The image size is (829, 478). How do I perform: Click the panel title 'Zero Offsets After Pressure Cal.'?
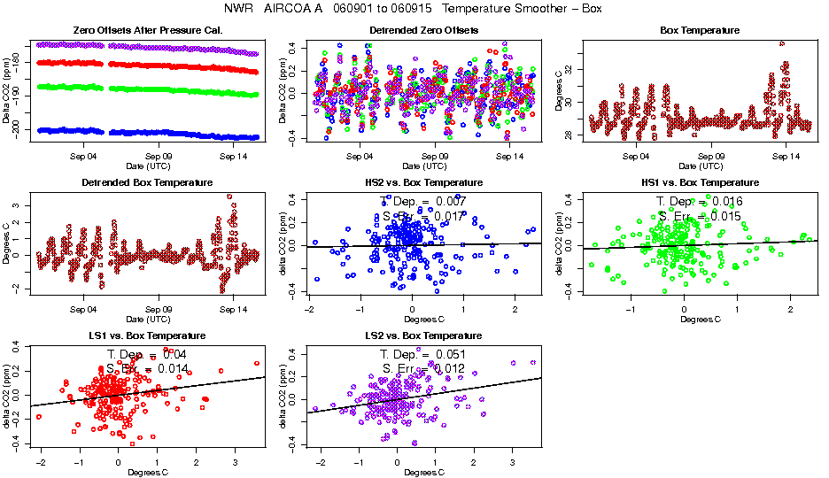click(x=147, y=30)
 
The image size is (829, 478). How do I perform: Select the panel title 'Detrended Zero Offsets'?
click(x=423, y=30)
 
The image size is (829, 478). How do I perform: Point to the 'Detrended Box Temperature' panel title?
click(x=147, y=182)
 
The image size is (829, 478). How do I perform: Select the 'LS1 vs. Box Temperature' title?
click(x=147, y=336)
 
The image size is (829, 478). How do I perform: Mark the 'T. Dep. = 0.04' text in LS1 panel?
click(x=147, y=354)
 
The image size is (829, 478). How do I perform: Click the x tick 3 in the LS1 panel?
click(x=234, y=461)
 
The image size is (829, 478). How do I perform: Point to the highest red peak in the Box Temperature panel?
click(x=781, y=42)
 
